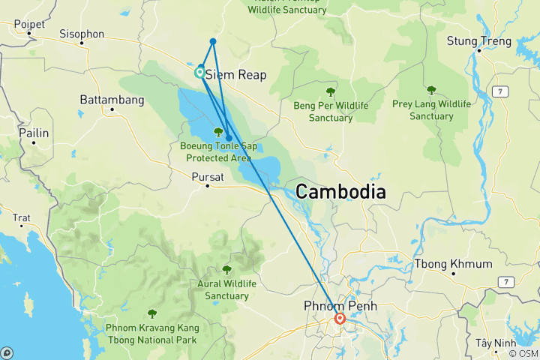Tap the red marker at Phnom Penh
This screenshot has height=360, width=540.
340,318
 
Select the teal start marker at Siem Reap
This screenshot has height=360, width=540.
200,73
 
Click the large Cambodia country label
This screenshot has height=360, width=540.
340,192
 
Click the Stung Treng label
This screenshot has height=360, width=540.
478,40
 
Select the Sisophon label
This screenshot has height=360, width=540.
82,34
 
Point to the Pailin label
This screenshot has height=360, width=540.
35,133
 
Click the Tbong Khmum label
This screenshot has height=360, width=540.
454,264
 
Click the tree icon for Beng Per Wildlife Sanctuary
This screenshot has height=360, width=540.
330,91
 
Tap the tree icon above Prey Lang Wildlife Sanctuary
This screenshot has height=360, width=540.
431,90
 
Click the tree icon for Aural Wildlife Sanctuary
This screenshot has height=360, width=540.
226,269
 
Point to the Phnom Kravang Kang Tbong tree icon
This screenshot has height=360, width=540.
152,313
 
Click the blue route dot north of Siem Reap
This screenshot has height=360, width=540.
214,41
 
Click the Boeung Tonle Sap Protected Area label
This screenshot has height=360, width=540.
218,151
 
